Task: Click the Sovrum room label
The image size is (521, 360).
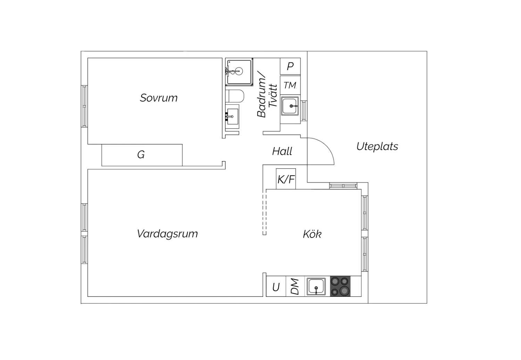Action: (x=159, y=98)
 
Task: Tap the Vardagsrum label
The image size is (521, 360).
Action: (x=167, y=234)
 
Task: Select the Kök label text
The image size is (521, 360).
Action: (x=312, y=234)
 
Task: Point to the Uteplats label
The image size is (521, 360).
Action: (x=377, y=146)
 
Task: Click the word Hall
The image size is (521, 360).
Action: (x=282, y=151)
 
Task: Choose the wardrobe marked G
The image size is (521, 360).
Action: (x=142, y=155)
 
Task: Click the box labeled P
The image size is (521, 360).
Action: (x=290, y=66)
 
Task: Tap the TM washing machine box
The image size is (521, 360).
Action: (x=290, y=85)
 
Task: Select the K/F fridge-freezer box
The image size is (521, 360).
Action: (x=286, y=179)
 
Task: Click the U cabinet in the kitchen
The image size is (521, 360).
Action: (x=276, y=286)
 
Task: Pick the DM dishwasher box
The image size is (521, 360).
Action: (x=295, y=286)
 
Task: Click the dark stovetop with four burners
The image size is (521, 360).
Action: (x=340, y=286)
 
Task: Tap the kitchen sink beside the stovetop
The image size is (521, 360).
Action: (x=316, y=286)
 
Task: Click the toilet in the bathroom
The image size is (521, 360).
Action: (x=235, y=96)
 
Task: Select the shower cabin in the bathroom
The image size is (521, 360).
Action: (x=239, y=72)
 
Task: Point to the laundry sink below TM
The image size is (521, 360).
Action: (x=290, y=106)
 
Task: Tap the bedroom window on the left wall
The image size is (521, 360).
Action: (x=84, y=106)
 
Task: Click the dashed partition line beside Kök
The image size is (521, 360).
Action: (x=264, y=214)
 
